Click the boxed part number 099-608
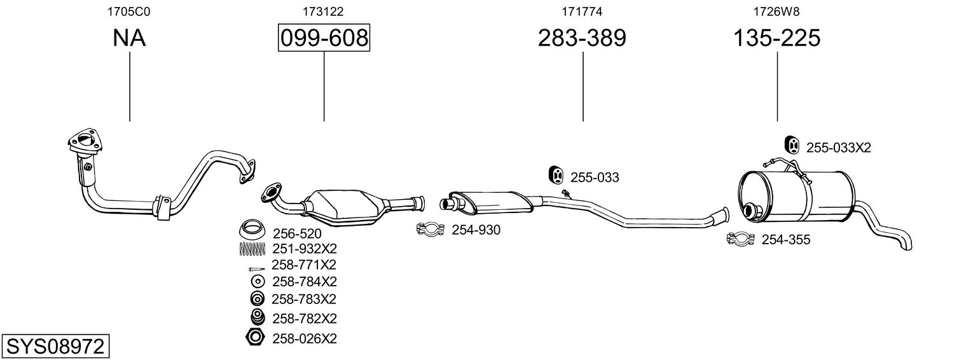point(324,38)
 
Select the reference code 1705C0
point(129,11)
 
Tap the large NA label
point(129,38)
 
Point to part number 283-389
point(582,38)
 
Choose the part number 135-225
point(777,38)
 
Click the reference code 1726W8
point(777,11)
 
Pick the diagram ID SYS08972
point(55,347)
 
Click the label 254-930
point(476,230)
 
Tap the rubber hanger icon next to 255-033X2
point(792,146)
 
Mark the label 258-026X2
point(304,338)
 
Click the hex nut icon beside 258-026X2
point(255,338)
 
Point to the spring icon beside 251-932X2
point(252,249)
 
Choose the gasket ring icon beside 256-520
point(252,230)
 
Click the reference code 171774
point(582,11)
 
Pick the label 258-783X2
point(304,299)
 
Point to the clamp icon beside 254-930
point(431,229)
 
